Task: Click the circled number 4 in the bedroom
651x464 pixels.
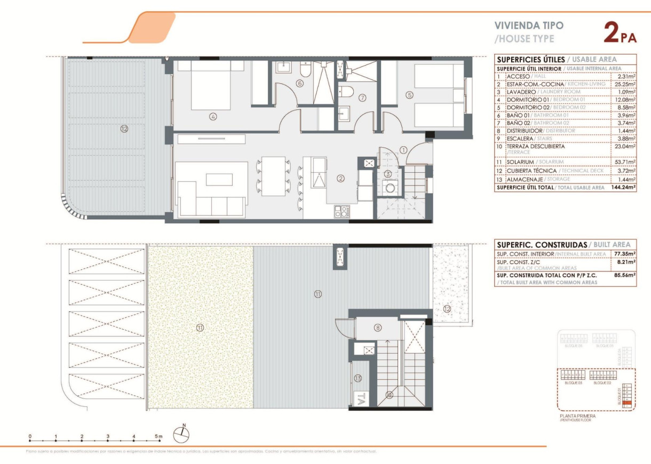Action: pos(213,117)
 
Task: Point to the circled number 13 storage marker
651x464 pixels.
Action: pos(358,378)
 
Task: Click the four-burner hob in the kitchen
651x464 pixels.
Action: pos(342,212)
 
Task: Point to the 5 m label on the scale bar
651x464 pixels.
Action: pos(158,436)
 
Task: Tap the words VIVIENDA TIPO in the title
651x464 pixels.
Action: pos(529,25)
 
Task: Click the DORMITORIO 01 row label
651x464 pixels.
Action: pos(528,99)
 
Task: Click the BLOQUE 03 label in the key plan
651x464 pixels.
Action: pos(571,383)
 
